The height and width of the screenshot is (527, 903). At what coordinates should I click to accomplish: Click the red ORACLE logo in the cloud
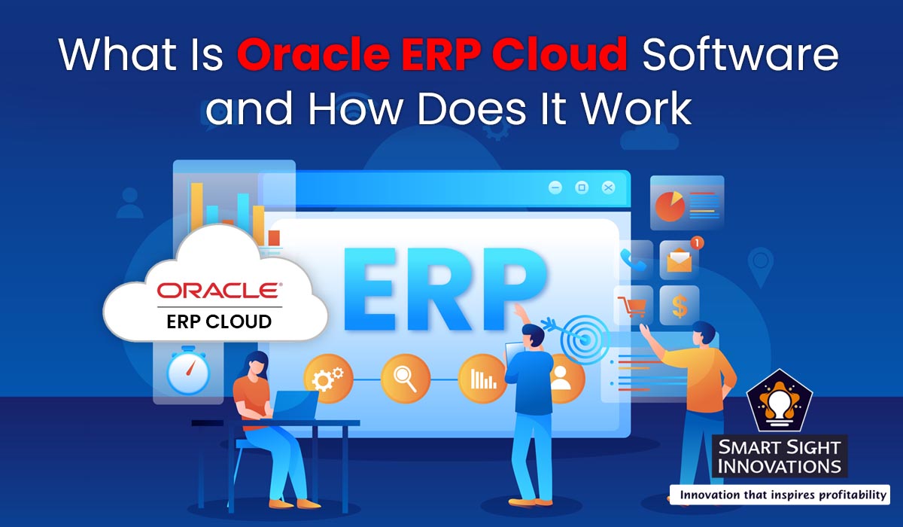[216, 291]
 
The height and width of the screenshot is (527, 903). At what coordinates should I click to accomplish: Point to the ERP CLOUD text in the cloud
[219, 321]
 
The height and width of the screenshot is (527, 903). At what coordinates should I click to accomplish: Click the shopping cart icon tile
[631, 306]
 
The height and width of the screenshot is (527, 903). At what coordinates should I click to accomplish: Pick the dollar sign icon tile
[679, 306]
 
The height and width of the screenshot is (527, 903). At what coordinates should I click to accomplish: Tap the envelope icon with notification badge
[680, 260]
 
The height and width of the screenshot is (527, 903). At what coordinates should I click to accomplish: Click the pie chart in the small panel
[669, 206]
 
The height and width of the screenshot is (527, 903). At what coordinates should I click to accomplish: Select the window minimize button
[555, 187]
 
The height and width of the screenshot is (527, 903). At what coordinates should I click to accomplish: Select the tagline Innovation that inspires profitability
[780, 495]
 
